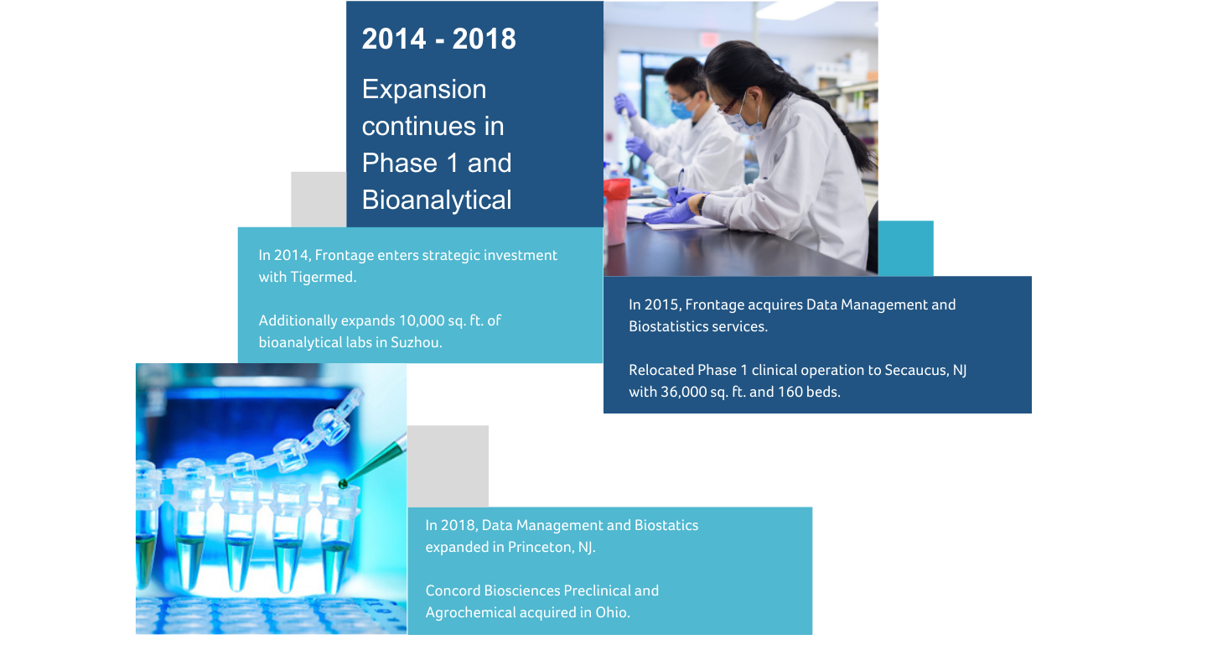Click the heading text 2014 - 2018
438,39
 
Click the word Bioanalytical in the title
437,200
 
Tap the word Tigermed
323,278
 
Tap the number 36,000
683,393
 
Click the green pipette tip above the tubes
372,463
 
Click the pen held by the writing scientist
681,183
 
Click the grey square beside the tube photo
448,466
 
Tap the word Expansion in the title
424,90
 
